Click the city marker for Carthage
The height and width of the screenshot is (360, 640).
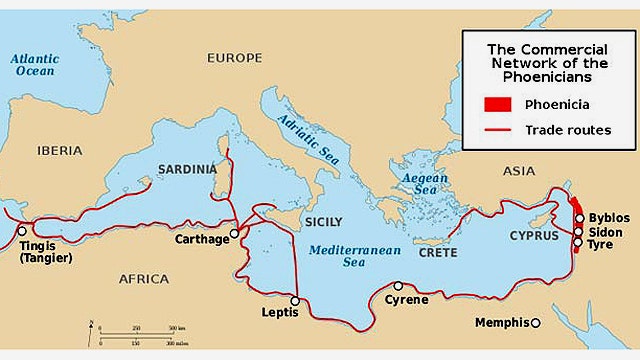coord(234,233)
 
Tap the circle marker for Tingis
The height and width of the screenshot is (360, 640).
coord(22,231)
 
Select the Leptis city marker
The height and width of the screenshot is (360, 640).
coord(295,300)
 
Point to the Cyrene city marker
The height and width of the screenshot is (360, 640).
coord(398,286)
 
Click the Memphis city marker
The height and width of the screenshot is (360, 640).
coord(536,322)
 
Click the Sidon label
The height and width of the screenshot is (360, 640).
coord(606,231)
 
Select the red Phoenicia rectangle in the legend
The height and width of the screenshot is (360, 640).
coord(497,104)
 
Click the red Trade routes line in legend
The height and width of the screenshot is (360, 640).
coord(497,130)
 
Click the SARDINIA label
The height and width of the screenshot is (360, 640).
coord(187,170)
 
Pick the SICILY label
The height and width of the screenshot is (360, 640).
coord(322,221)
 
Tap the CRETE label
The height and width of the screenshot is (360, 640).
coord(437,252)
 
